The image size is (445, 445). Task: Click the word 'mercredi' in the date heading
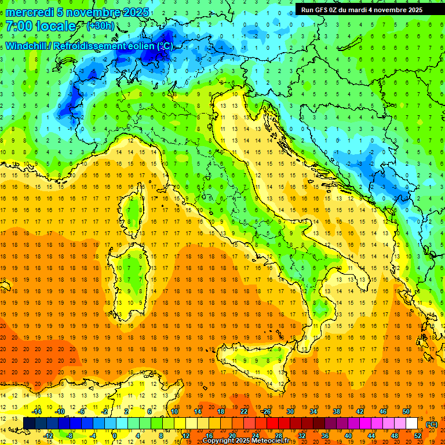pyautogui.click(x=30, y=12)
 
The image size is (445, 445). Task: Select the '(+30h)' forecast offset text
pyautogui.click(x=100, y=27)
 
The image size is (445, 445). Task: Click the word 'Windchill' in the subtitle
pyautogui.click(x=27, y=46)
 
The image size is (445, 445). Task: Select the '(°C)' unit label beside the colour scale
pyautogui.click(x=432, y=424)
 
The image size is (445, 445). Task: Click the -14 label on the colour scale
pyautogui.click(x=38, y=411)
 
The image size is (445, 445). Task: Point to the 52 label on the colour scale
pyautogui.click(x=418, y=435)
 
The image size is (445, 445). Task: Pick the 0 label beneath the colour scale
pyautogui.click(x=115, y=435)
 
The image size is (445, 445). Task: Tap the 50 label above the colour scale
pyautogui.click(x=406, y=411)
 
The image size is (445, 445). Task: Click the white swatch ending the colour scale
pyautogui.click(x=411, y=423)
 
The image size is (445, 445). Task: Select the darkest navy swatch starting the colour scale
pyautogui.click(x=29, y=423)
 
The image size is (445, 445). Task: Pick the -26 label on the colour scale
pyautogui.click(x=266, y=411)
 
